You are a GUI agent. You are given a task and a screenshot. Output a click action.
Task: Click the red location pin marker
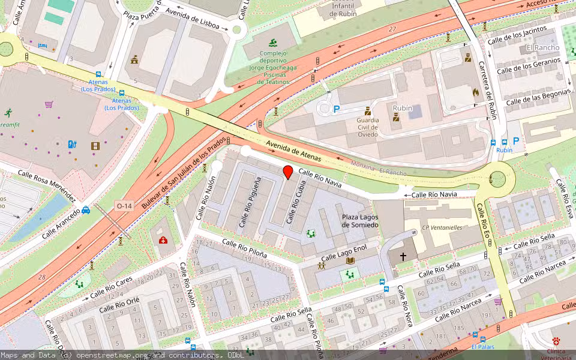click(288, 172)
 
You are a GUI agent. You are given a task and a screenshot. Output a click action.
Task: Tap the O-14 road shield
click(124, 206)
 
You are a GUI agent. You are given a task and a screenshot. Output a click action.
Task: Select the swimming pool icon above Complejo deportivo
click(274, 42)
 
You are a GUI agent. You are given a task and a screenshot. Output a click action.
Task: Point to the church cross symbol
click(403, 256)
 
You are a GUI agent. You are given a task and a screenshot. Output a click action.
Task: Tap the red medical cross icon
click(163, 240)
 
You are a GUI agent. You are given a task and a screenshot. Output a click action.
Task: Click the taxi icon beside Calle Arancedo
click(86, 209)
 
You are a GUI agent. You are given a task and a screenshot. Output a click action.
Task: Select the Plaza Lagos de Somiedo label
click(360, 220)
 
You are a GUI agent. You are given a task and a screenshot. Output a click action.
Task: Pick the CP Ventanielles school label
click(443, 227)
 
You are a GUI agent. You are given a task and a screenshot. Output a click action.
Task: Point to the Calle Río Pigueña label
click(250, 202)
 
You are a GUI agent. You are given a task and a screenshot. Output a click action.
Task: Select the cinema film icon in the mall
click(95, 145)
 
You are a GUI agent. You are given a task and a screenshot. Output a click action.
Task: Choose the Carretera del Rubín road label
click(487, 89)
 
